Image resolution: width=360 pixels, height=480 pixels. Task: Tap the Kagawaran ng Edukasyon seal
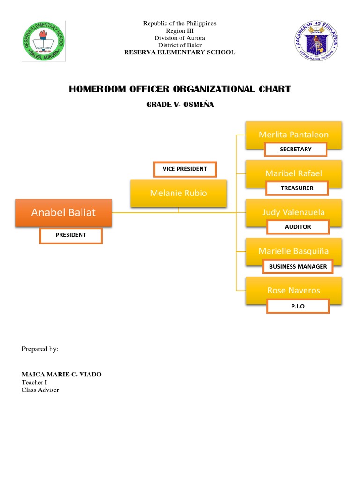click(316, 41)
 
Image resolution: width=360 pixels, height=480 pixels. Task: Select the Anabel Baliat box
click(63, 213)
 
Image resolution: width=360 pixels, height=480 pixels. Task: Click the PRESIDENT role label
click(71, 235)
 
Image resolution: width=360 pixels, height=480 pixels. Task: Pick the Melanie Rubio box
click(179, 193)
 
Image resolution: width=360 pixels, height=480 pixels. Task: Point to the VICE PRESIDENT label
click(185, 169)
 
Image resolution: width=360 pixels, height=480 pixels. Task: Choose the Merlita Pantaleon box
click(293, 135)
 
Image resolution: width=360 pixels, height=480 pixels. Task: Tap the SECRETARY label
click(295, 150)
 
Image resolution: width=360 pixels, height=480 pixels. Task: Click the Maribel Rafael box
click(293, 173)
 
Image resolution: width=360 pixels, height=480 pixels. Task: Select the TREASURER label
click(297, 188)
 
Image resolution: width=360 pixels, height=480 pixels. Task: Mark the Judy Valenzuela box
click(293, 212)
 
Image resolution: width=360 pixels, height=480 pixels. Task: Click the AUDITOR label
click(298, 227)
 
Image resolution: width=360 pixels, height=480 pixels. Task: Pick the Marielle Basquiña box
click(293, 251)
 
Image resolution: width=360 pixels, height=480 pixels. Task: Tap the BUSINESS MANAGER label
click(298, 267)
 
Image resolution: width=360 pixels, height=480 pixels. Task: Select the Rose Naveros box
click(293, 290)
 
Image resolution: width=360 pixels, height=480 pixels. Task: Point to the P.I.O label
click(298, 306)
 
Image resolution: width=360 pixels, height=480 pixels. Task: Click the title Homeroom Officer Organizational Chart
click(180, 90)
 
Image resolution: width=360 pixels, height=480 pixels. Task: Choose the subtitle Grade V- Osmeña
click(180, 105)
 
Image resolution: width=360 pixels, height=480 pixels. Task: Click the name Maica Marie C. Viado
click(61, 374)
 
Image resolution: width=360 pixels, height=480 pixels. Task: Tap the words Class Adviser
click(40, 390)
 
